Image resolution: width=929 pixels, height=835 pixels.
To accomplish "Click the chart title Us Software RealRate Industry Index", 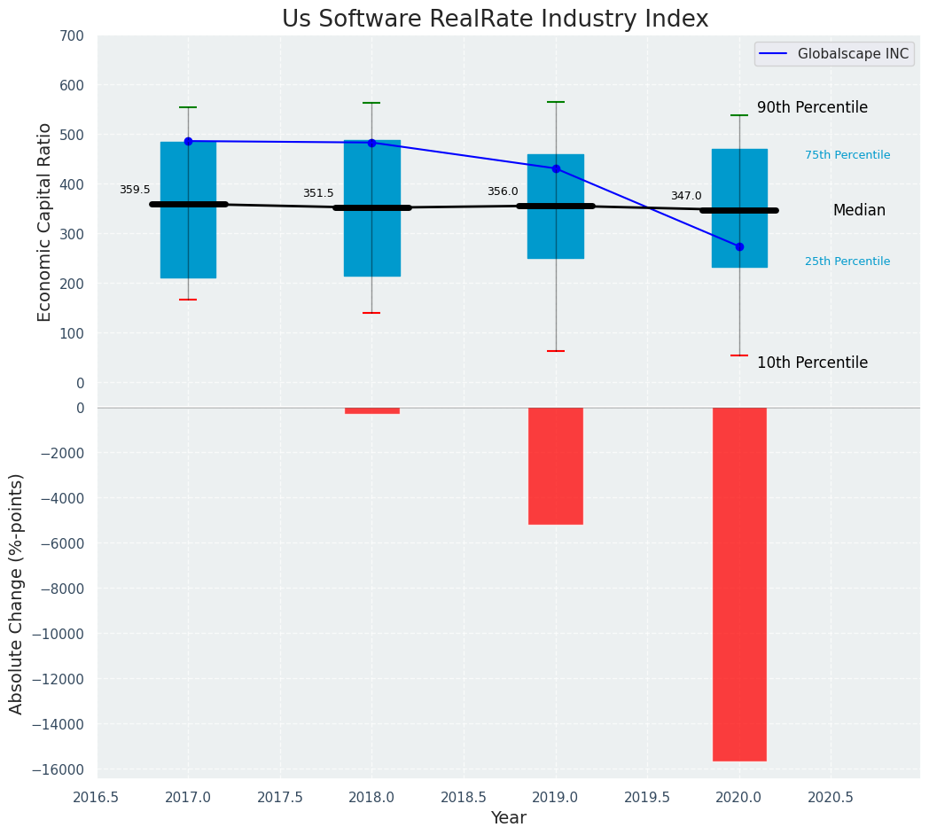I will [495, 19].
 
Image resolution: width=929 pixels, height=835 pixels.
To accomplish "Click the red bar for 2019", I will [556, 465].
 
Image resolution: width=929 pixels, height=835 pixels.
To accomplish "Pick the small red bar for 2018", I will [371, 410].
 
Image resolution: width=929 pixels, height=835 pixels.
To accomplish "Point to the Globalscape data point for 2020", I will [739, 246].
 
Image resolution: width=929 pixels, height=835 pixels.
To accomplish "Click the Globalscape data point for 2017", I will [188, 141].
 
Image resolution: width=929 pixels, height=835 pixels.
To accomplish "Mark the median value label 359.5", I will [135, 190].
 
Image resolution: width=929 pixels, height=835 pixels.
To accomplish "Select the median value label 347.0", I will [686, 196].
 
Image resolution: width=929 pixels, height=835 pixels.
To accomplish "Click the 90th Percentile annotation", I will [812, 107].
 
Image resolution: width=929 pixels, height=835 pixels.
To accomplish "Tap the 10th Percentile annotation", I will [812, 363].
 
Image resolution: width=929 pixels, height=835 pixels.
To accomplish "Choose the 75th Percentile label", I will [847, 155].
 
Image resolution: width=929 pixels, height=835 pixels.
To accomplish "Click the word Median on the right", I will [859, 210].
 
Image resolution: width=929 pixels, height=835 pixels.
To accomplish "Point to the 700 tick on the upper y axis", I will [68, 36].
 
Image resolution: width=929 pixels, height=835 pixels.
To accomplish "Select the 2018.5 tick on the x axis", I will [464, 797].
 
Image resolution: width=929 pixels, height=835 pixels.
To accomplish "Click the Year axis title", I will [508, 818].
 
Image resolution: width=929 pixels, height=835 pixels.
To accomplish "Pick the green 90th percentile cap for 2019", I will [556, 102].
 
